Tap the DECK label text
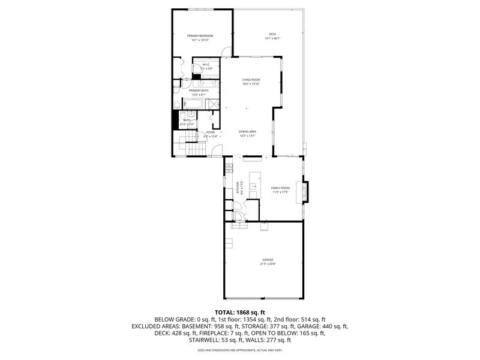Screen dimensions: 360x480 click(272, 34)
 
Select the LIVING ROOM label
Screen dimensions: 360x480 click(251, 80)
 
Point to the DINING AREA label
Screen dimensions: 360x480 click(247, 131)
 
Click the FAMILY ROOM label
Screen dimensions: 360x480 click(280, 188)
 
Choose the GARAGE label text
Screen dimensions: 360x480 click(268, 260)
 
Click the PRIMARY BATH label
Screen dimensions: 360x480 click(199, 91)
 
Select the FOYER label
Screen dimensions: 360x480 click(210, 132)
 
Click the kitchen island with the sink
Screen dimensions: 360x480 click(254, 185)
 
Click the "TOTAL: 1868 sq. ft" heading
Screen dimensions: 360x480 click(240, 313)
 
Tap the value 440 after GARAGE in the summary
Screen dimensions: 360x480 click(324, 326)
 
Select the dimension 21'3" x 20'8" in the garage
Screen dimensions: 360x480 click(268, 264)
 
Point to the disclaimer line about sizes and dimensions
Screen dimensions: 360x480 click(240, 350)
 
